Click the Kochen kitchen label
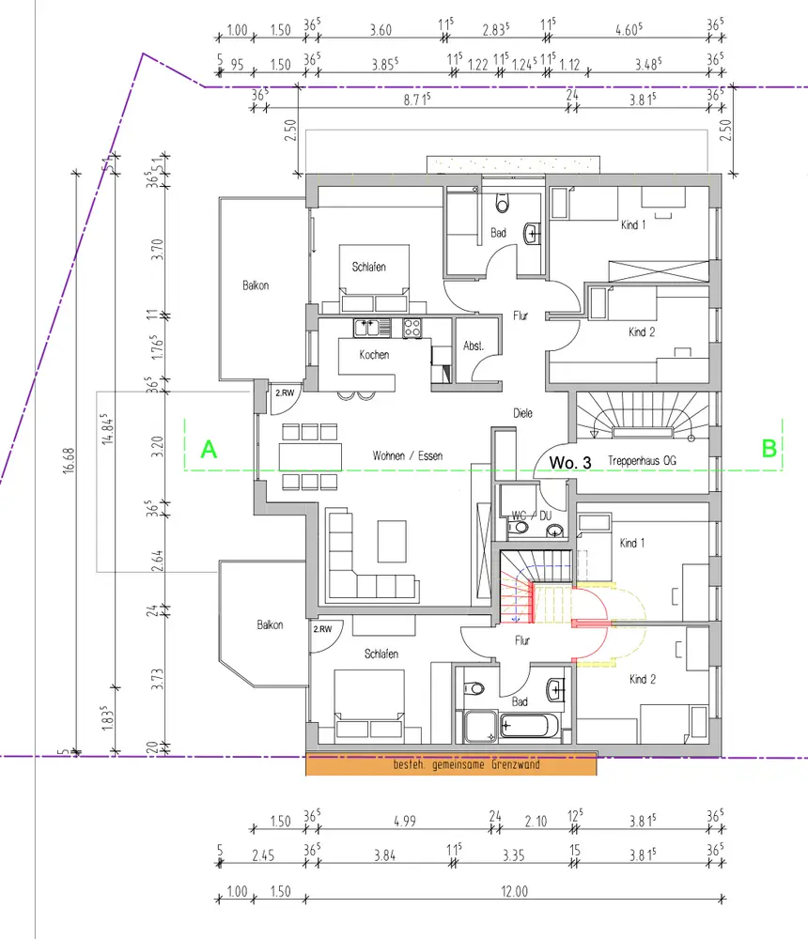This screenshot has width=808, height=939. tap(374, 355)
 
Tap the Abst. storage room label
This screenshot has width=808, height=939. tap(473, 346)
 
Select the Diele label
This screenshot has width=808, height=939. tap(522, 412)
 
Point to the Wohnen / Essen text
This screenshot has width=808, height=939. tap(408, 455)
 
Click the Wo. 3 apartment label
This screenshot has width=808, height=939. tap(570, 462)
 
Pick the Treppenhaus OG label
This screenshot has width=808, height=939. tap(642, 460)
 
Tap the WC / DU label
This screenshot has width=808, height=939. tap(531, 516)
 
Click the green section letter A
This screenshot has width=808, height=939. tap(209, 449)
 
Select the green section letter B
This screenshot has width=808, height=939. tap(769, 449)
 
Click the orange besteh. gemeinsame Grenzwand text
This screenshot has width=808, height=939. tap(466, 764)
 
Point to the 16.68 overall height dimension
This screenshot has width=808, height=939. tap(70, 460)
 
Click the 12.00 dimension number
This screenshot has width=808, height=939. tap(514, 891)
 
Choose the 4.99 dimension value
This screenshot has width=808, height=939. tap(405, 821)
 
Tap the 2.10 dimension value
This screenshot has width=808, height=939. tap(536, 821)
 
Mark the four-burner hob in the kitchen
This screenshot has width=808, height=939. tap(412, 328)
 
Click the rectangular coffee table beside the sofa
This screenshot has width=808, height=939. tap(392, 541)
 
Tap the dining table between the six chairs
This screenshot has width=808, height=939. tap(310, 457)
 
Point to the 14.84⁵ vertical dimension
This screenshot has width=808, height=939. tap(108, 428)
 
